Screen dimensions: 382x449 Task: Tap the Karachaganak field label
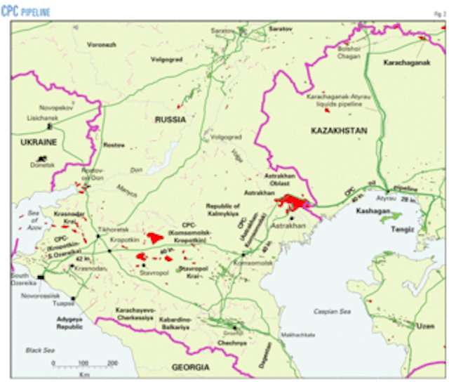pyautogui.click(x=407, y=62)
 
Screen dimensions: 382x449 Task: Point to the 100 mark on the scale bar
pyautogui.click(x=83, y=363)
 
